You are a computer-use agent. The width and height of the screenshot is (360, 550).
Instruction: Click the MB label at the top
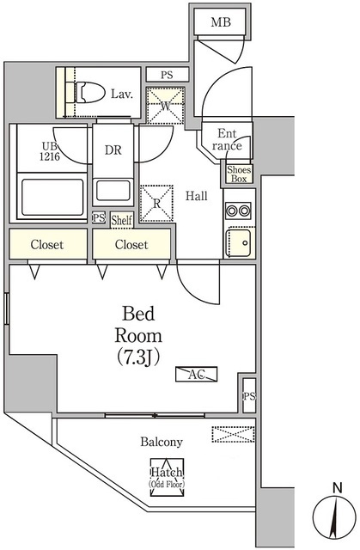tap(221, 22)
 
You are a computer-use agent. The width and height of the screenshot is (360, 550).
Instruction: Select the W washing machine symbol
tap(166, 105)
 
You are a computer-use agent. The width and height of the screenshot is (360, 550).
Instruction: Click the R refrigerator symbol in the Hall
tap(156, 204)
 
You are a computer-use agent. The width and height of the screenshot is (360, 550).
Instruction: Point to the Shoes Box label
tap(239, 174)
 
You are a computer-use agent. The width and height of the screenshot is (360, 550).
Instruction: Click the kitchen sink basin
tap(239, 242)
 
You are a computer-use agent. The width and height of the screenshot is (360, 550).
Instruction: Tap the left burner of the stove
tap(232, 211)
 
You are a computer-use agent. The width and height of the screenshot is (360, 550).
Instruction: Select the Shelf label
tap(122, 220)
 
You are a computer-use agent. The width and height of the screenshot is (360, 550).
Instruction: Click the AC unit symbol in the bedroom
tap(196, 374)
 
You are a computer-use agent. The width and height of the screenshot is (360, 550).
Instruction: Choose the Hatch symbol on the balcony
tap(167, 477)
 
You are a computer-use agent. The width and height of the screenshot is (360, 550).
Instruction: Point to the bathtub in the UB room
tap(52, 197)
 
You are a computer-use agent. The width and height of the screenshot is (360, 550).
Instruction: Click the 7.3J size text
tap(138, 357)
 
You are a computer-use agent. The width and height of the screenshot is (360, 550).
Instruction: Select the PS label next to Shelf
tap(99, 217)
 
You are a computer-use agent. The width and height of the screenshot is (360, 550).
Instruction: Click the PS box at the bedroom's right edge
tap(249, 396)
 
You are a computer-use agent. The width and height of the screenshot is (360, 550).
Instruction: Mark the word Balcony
tap(162, 442)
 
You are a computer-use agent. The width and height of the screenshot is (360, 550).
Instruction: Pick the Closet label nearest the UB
tap(47, 244)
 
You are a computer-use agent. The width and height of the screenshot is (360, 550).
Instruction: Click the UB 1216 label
tap(50, 151)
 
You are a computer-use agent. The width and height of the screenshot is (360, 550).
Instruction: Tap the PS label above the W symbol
tap(168, 75)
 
